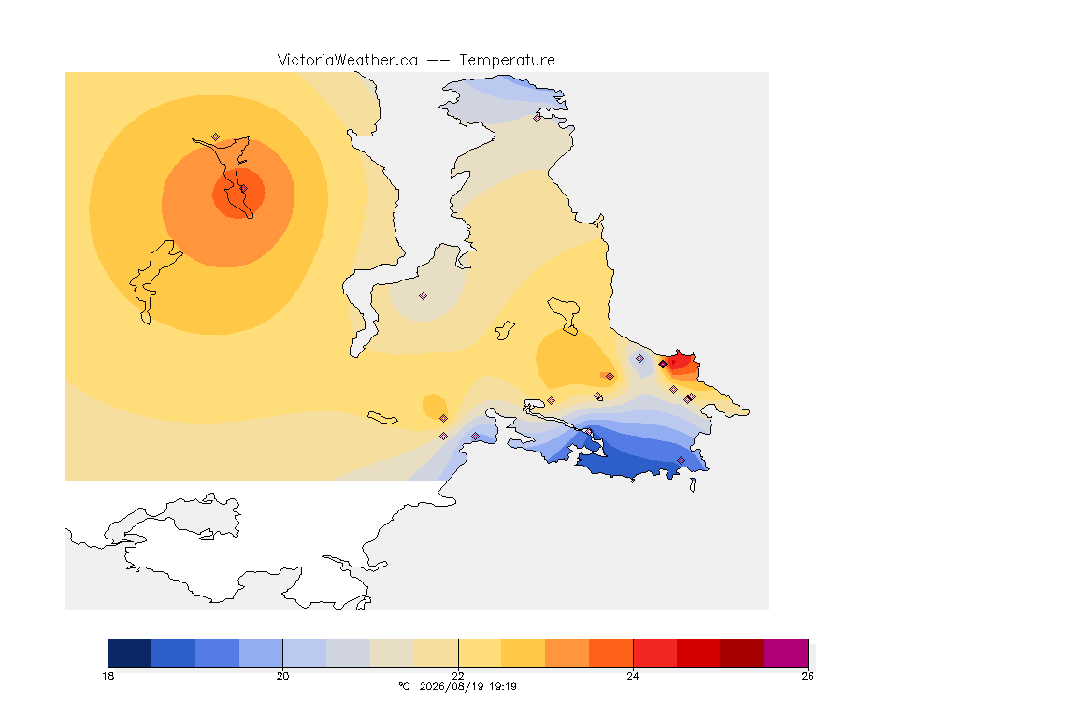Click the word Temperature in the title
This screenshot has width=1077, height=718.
tap(507, 61)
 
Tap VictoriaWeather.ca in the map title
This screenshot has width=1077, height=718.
tap(348, 61)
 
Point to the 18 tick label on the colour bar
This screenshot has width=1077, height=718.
tap(108, 676)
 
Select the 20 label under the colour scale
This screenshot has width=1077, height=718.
tap(283, 676)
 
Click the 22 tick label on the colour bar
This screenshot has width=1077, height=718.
tap(458, 676)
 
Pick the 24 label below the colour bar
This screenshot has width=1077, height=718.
tap(633, 676)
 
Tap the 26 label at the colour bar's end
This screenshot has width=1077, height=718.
tap(808, 676)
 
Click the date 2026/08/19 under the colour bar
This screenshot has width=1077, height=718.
tap(450, 686)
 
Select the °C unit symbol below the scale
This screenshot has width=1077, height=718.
tap(404, 686)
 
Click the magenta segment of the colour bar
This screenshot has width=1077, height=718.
tap(785, 653)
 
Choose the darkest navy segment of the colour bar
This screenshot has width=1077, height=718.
tap(130, 653)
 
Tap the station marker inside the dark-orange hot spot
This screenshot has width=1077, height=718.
tap(243, 188)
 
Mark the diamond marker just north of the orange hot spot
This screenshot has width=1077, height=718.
tap(216, 137)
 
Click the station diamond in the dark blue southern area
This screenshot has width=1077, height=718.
tap(681, 460)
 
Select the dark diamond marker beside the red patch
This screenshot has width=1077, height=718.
tap(663, 365)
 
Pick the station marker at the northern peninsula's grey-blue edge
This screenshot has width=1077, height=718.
tap(538, 118)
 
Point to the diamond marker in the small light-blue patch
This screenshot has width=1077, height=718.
tap(640, 359)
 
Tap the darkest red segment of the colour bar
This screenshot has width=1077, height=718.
tap(741, 653)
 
